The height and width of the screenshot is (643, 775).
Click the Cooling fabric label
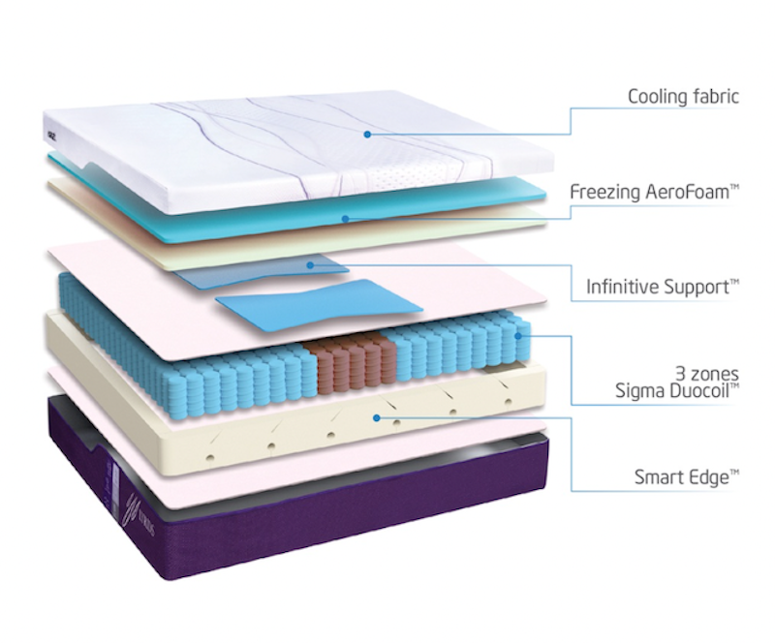tap(684, 97)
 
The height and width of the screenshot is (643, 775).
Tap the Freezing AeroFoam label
tap(655, 192)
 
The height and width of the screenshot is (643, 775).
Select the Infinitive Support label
tap(663, 287)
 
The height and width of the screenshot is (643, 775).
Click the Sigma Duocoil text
tap(677, 390)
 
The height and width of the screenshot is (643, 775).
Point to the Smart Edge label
tap(687, 477)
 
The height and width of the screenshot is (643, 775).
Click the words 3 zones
tap(707, 373)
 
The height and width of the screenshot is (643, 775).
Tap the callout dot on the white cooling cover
tap(367, 134)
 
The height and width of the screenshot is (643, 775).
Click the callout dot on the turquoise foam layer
tap(346, 219)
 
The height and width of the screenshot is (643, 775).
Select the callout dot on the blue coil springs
tap(518, 336)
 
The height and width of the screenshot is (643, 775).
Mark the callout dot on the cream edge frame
tap(377, 418)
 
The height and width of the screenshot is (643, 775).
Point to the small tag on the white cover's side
tap(51, 133)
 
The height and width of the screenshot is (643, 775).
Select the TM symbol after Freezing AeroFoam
tap(734, 187)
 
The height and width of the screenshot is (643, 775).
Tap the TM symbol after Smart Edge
tap(734, 473)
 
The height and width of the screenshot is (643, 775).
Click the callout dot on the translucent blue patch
tap(310, 265)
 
